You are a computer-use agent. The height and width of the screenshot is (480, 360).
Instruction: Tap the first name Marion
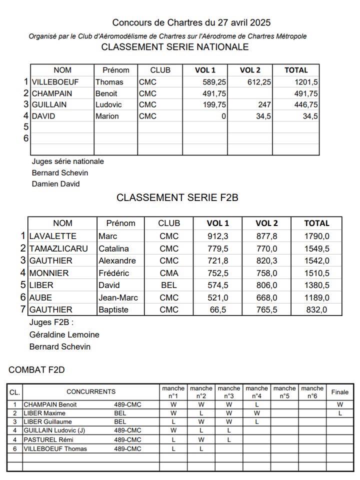(x=107, y=116)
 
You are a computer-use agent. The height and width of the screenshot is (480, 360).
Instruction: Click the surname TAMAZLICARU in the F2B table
(x=58, y=248)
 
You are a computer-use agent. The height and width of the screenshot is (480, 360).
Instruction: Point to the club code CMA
(x=168, y=273)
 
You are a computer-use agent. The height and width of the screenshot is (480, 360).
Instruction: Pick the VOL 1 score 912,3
(x=218, y=236)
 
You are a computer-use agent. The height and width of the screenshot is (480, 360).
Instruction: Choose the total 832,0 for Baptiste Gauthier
(x=316, y=309)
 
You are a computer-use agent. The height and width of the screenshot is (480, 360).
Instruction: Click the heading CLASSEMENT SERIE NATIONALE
(x=174, y=47)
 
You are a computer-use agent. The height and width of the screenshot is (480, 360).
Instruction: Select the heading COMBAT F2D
(x=36, y=370)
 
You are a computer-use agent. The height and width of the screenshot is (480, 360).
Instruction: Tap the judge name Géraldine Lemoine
(x=64, y=334)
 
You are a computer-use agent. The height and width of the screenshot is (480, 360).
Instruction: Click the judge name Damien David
(x=55, y=183)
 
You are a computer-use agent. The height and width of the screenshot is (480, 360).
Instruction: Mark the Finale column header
(x=340, y=392)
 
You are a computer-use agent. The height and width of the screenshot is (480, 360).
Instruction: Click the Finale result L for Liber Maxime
(x=340, y=413)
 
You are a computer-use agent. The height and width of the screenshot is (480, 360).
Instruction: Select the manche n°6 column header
(x=312, y=392)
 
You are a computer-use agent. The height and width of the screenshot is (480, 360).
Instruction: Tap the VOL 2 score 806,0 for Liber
(x=266, y=285)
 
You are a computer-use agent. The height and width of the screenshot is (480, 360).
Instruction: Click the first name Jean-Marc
(x=117, y=297)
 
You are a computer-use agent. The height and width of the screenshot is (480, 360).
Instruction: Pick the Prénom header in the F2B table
(x=120, y=223)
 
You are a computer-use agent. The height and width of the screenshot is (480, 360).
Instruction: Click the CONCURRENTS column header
(x=91, y=392)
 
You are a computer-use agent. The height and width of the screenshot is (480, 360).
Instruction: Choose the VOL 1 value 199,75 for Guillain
(x=211, y=104)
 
